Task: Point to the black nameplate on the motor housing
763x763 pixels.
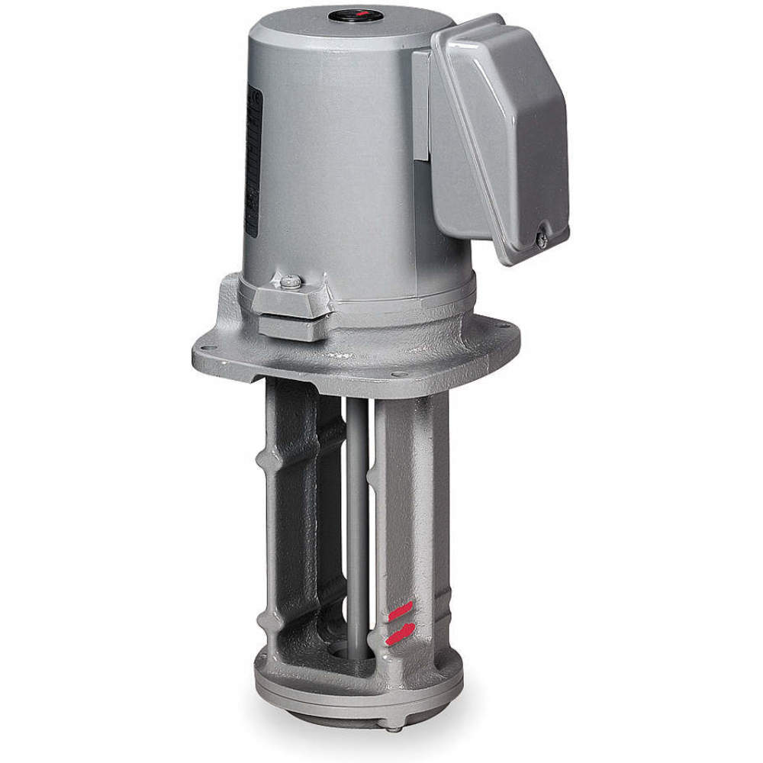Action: tap(254, 160)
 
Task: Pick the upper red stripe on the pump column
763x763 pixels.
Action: tap(399, 610)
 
